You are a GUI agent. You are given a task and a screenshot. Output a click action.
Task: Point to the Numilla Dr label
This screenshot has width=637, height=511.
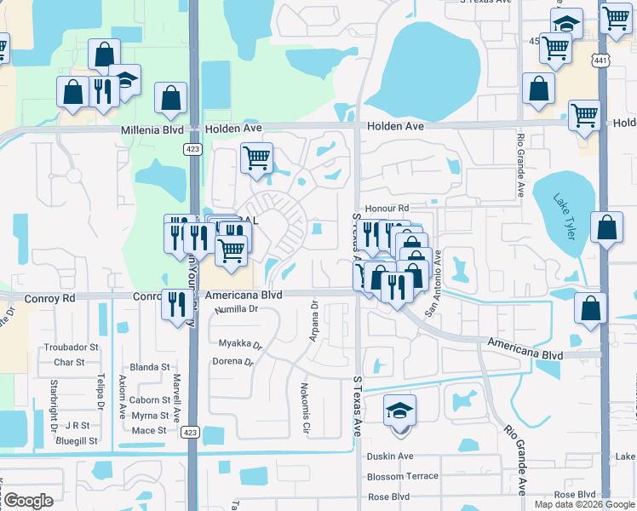click(236, 309)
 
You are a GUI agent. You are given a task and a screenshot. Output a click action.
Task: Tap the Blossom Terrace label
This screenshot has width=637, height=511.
click(402, 476)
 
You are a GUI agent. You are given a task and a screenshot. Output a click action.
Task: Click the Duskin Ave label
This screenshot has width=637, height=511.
click(389, 456)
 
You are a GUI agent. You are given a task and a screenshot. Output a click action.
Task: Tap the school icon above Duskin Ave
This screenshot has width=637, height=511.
click(399, 411)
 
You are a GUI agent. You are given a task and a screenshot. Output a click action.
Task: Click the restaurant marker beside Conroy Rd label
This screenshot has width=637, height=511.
click(176, 304)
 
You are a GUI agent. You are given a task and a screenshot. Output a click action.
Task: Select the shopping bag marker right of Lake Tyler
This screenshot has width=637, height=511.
click(605, 228)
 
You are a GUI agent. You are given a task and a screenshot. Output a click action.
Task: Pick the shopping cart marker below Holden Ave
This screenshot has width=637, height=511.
click(256, 158)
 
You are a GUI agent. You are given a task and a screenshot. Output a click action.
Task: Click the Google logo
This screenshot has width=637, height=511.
click(28, 501)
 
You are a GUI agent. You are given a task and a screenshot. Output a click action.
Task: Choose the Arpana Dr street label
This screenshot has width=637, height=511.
click(313, 321)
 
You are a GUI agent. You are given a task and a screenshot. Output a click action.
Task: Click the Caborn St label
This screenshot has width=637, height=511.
click(150, 399)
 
